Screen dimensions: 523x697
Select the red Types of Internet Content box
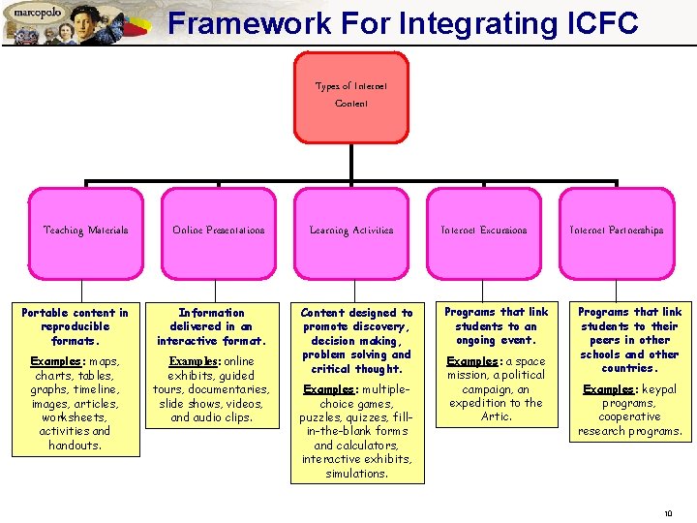(x=350, y=96)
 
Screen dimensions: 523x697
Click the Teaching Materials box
(x=85, y=231)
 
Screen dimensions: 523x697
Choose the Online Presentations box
(x=218, y=231)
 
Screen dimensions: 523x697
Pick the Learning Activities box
(x=350, y=231)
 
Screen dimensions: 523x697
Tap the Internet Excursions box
(x=483, y=231)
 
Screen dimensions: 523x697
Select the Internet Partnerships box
(x=616, y=231)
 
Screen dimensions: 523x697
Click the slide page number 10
(x=668, y=512)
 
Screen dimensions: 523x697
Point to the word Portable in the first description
(x=45, y=313)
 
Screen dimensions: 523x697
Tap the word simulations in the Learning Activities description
(x=356, y=474)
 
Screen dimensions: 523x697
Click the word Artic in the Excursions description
(x=496, y=416)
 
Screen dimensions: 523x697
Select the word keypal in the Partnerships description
(x=656, y=389)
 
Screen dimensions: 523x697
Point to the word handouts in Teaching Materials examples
(x=75, y=446)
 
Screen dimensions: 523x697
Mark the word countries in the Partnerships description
(x=628, y=368)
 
